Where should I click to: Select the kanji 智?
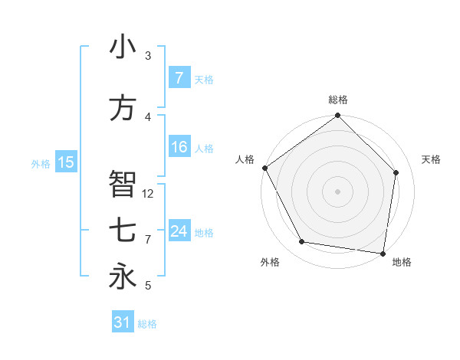tap(123, 185)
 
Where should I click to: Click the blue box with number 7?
tap(179, 78)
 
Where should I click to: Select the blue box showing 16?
tap(179, 148)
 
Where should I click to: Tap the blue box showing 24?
tap(179, 232)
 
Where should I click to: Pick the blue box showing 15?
tap(66, 162)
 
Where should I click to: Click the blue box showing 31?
tap(123, 323)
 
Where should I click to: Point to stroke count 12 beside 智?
tap(149, 194)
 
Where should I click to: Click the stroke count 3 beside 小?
tap(148, 56)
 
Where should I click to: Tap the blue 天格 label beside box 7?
tap(204, 80)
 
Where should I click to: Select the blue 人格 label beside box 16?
tap(204, 149)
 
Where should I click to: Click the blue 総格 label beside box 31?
tap(147, 325)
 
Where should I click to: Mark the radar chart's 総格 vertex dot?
tap(337, 116)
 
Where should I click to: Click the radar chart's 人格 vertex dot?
tap(264, 168)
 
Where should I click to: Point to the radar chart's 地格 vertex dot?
tap(383, 253)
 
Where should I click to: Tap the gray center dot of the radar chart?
tap(337, 191)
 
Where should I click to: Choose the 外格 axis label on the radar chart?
tap(270, 263)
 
